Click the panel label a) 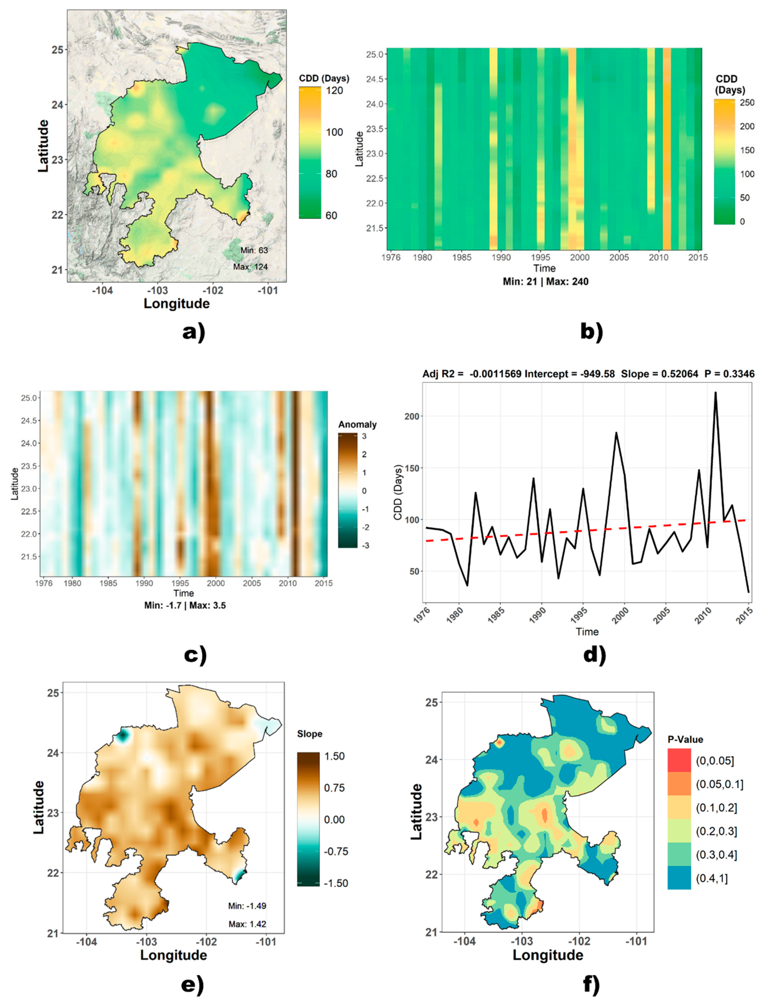click(194, 332)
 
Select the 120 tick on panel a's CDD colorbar click(334, 91)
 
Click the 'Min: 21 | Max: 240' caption click(545, 282)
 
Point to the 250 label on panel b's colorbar click(747, 103)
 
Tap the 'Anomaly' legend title click(357, 424)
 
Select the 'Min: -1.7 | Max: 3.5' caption click(185, 605)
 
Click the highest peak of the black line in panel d click(715, 392)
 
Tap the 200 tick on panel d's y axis click(412, 417)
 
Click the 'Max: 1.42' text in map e click(247, 924)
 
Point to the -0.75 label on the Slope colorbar click(336, 851)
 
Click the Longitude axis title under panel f click(548, 955)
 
